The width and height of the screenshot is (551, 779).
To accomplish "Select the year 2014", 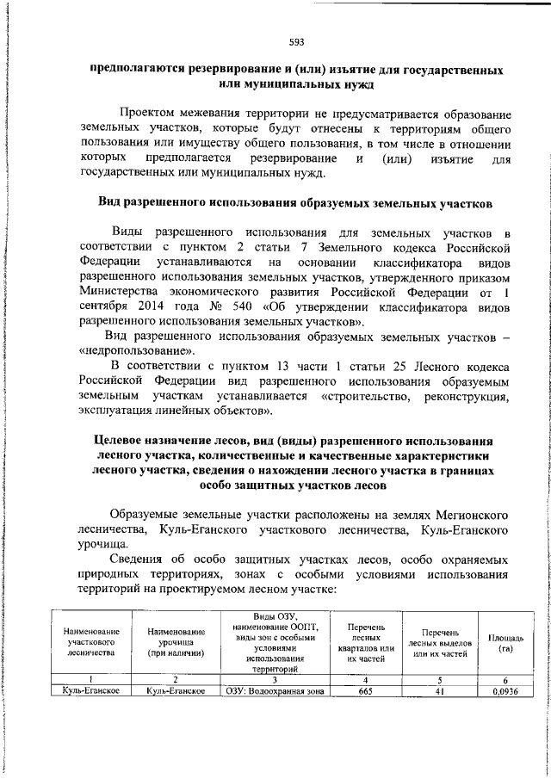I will [142, 306].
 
